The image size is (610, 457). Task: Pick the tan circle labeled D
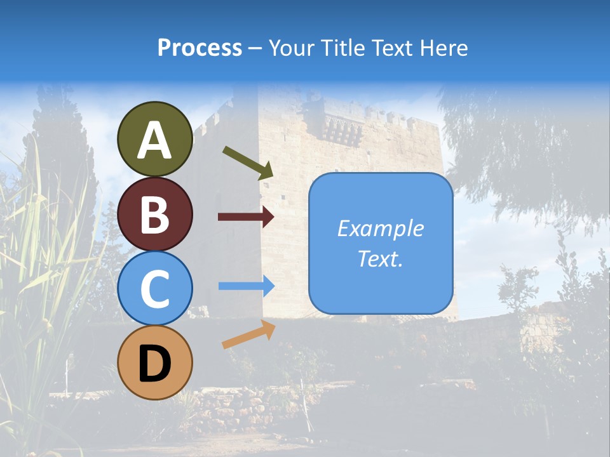[154, 362]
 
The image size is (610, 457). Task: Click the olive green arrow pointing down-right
[248, 162]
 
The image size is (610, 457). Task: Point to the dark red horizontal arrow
[246, 217]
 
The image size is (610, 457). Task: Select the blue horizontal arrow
[247, 286]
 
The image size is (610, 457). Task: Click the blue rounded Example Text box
[381, 243]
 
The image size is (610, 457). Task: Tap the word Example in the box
[381, 228]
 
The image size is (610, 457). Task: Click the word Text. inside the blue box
[381, 258]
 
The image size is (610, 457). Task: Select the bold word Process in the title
[200, 48]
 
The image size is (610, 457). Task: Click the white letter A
[154, 141]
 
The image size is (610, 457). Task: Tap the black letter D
[154, 364]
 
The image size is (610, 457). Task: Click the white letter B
[154, 215]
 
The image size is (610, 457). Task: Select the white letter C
[154, 289]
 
